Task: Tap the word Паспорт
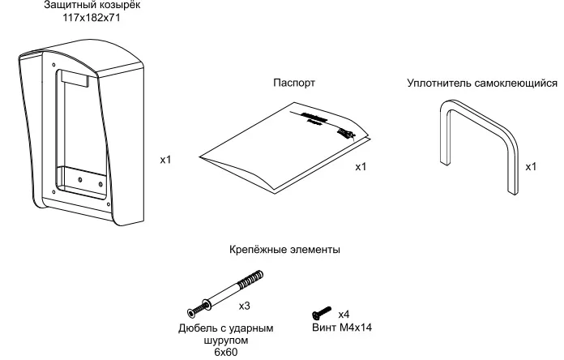[294, 84]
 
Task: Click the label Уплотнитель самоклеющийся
[482, 84]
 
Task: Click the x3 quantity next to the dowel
[244, 306]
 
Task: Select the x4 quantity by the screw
[344, 314]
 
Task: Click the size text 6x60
[225, 353]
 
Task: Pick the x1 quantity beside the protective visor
[165, 161]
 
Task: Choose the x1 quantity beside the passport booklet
[361, 167]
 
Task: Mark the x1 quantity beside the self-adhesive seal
[531, 167]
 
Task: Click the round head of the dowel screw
[191, 311]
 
